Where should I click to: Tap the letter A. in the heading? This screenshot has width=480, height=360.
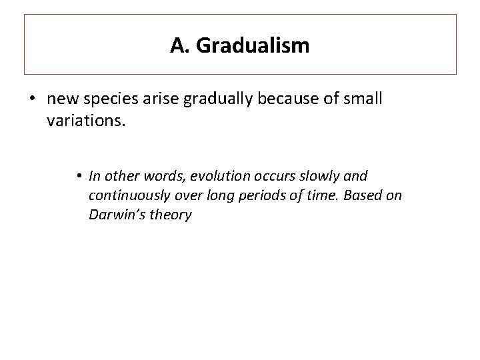coord(178,45)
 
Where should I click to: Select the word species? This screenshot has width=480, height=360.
coord(105,99)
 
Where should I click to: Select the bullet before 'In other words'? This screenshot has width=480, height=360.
coord(79,176)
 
